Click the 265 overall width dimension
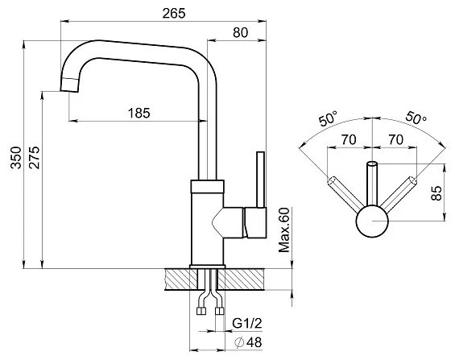(x=173, y=13)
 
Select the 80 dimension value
(x=241, y=32)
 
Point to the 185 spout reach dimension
(x=139, y=113)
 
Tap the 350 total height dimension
(x=16, y=158)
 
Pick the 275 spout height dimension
(x=34, y=158)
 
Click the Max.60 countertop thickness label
(x=284, y=230)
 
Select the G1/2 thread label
(x=247, y=323)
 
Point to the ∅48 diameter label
(x=248, y=342)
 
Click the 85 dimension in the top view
(x=436, y=193)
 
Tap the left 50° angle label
(x=329, y=118)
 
